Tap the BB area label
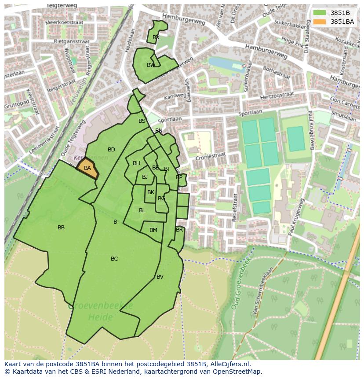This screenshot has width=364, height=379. (61, 228)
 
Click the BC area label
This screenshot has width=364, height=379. (114, 259)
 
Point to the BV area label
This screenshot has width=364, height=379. (160, 277)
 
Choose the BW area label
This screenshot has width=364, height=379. (151, 65)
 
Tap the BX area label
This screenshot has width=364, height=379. (156, 37)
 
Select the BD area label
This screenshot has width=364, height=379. (111, 150)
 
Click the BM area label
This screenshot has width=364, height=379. (153, 230)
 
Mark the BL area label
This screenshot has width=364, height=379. (142, 210)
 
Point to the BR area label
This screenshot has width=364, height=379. (179, 230)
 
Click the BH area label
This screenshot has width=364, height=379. (136, 163)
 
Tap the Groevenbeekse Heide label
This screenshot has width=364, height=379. (101, 311)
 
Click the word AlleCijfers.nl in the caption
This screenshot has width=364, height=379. (229, 364)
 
